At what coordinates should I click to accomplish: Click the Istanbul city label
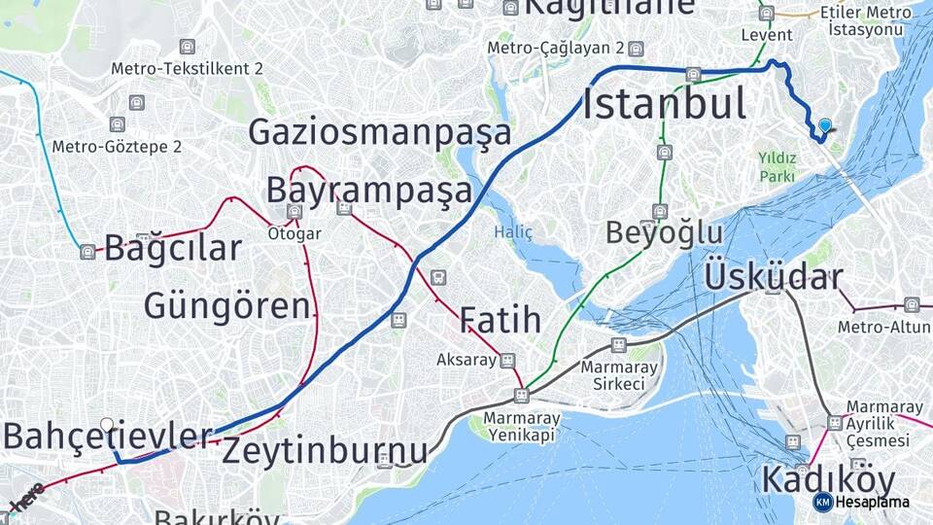[664, 104]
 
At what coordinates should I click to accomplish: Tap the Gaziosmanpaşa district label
[380, 131]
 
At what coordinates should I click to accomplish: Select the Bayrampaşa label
[369, 189]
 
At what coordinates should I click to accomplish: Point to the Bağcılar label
[172, 248]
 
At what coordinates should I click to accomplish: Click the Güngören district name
[226, 305]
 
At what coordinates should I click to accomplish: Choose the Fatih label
[500, 320]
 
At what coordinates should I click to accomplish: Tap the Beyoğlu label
[664, 232]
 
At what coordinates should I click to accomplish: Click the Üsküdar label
[773, 276]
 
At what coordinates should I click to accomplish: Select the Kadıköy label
[828, 479]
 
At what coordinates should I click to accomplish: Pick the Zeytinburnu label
[325, 451]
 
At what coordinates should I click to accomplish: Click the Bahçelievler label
[107, 437]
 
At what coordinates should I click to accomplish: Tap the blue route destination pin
[825, 125]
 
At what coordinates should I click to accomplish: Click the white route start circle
[107, 425]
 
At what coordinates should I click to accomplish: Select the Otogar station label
[294, 233]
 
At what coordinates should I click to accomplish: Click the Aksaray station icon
[506, 360]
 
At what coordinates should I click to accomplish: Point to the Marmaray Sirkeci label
[618, 375]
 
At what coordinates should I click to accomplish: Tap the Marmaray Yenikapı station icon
[522, 396]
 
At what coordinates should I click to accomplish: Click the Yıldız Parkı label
[777, 166]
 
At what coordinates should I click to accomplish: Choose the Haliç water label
[513, 231]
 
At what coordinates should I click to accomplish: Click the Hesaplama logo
[862, 502]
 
